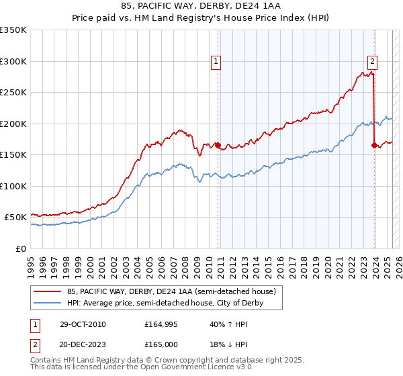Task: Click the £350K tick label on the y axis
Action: (13, 30)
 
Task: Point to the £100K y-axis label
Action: (13, 186)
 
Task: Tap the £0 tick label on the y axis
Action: (21, 248)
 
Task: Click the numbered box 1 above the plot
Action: (216, 62)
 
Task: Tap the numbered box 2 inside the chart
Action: (372, 62)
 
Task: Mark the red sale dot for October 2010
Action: (218, 145)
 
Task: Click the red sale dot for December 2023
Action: (374, 145)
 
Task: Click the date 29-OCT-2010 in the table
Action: (82, 324)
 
